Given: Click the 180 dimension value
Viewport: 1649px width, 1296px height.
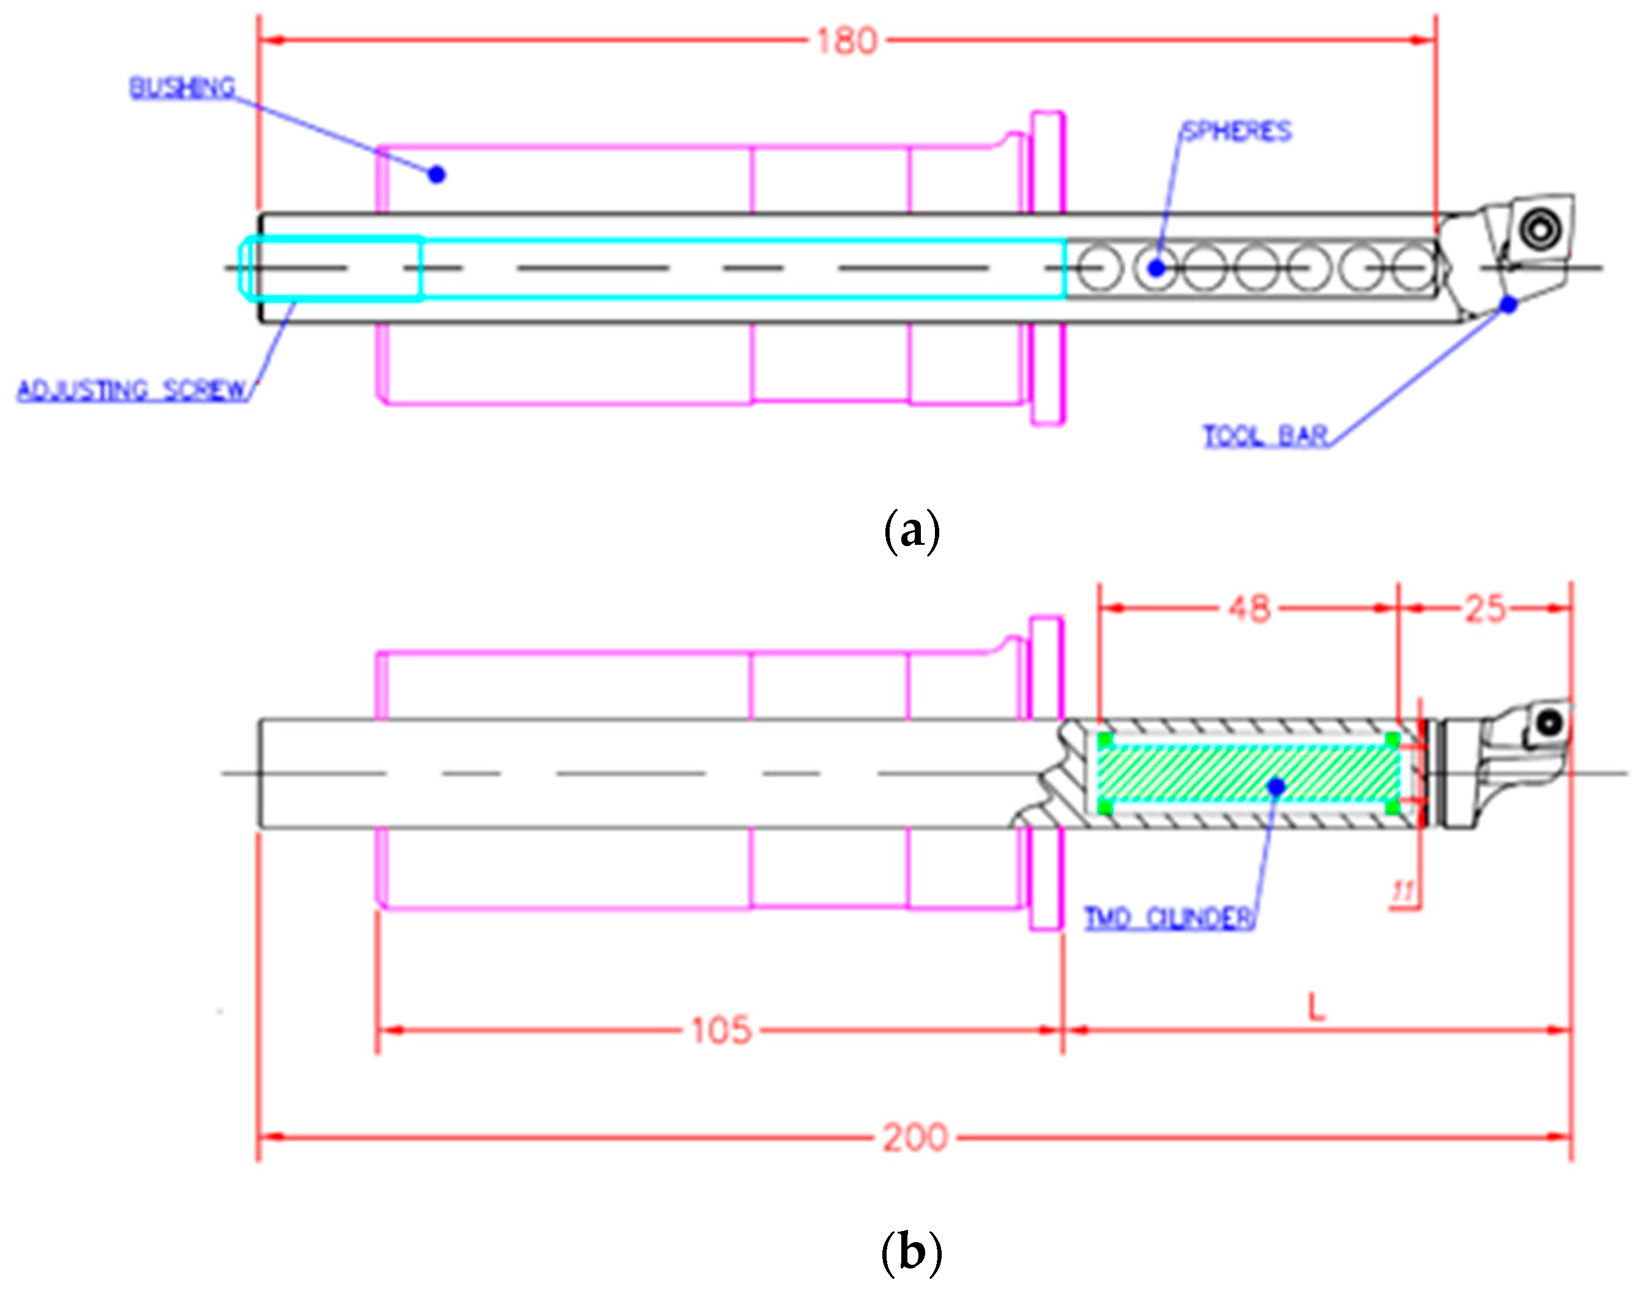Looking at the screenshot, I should (x=846, y=41).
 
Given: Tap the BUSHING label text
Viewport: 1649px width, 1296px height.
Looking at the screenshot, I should (x=182, y=88).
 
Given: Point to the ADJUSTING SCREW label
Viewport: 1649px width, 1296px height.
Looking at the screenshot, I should (x=133, y=390).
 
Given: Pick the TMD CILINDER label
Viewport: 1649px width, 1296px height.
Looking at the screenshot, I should (x=1168, y=918).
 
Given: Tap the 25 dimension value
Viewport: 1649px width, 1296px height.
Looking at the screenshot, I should (x=1484, y=609).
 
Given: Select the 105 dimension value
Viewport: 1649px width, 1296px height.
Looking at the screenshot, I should (x=721, y=1030).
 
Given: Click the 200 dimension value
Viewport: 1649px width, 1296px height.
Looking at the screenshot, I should (x=915, y=1137).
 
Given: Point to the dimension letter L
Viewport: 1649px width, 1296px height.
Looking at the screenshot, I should (x=1316, y=1008).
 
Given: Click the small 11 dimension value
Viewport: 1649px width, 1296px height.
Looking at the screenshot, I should (x=1403, y=891).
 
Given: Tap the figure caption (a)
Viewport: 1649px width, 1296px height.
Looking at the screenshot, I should (x=912, y=532).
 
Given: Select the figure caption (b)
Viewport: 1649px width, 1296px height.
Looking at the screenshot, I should (x=912, y=1253).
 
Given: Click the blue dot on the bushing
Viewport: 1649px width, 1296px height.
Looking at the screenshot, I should (x=436, y=174).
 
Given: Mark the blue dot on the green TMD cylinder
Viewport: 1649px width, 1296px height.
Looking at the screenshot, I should (x=1276, y=786).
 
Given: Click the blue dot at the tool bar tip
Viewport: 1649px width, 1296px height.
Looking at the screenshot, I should (x=1509, y=304).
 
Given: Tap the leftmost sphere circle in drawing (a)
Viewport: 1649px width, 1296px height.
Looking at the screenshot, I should (x=1099, y=268).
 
